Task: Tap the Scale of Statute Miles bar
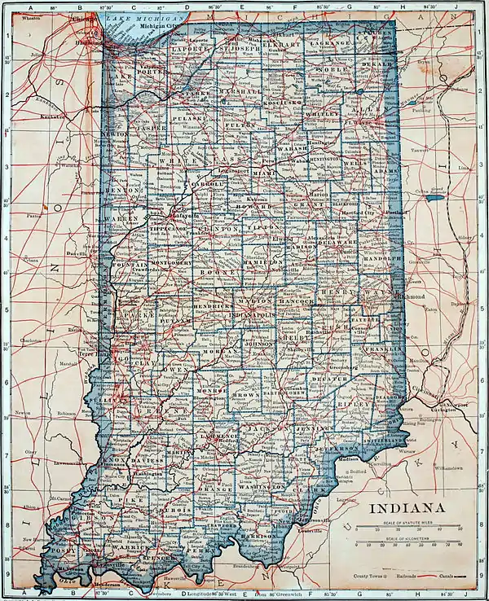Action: coord(412,528)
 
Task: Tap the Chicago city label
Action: coord(81,18)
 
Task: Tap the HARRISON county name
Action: coord(258,536)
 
